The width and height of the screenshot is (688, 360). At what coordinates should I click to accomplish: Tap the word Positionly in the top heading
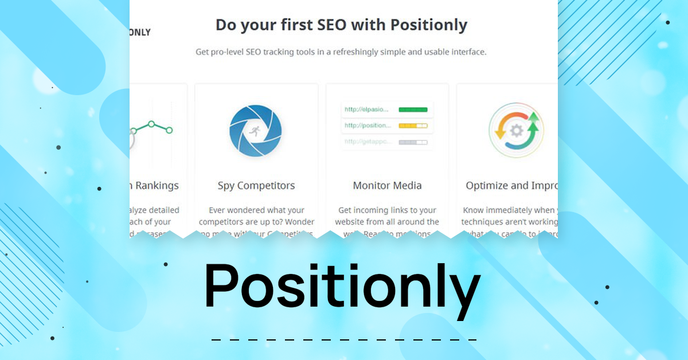pyautogui.click(x=429, y=25)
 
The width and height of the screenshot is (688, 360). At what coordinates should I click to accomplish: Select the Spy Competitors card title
pyautogui.click(x=256, y=186)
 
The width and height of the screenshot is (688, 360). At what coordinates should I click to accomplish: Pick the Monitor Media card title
pyautogui.click(x=387, y=186)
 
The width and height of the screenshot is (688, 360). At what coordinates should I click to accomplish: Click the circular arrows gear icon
pyautogui.click(x=516, y=131)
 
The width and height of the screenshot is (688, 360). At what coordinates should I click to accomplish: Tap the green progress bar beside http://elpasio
pyautogui.click(x=413, y=109)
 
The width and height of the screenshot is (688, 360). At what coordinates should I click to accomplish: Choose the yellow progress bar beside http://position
pyautogui.click(x=413, y=126)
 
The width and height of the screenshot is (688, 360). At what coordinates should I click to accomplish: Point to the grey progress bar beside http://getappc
pyautogui.click(x=413, y=142)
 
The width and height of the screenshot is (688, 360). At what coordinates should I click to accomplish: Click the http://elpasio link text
pyautogui.click(x=366, y=109)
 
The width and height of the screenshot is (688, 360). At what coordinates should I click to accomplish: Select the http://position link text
pyautogui.click(x=368, y=126)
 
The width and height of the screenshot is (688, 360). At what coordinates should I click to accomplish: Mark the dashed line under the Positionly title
pyautogui.click(x=344, y=340)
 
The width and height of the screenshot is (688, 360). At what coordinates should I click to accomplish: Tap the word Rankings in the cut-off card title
pyautogui.click(x=157, y=186)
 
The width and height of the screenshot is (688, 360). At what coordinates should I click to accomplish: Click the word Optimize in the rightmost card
pyautogui.click(x=487, y=186)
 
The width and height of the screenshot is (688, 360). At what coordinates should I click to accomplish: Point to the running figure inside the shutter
pyautogui.click(x=254, y=131)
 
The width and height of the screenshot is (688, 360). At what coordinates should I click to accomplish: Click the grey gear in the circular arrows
pyautogui.click(x=516, y=131)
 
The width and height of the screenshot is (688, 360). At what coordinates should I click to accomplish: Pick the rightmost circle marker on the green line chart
pyautogui.click(x=169, y=130)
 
